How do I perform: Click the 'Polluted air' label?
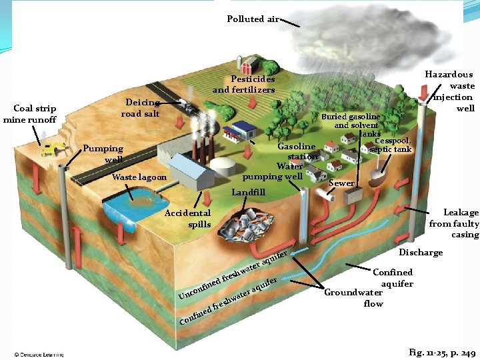pyautogui.click(x=253, y=19)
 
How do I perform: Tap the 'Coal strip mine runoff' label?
pyautogui.click(x=29, y=114)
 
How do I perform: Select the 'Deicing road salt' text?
pyautogui.click(x=141, y=108)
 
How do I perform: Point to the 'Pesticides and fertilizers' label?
pyautogui.click(x=244, y=85)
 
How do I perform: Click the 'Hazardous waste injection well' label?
pyautogui.click(x=454, y=91)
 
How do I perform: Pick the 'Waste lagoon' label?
pyautogui.click(x=139, y=177)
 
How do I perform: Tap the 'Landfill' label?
pyautogui.click(x=248, y=193)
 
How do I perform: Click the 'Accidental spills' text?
pyautogui.click(x=187, y=219)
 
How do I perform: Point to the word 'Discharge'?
pyautogui.click(x=421, y=253)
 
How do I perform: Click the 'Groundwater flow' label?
pyautogui.click(x=353, y=298)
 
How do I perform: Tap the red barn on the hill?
pyautogui.click(x=251, y=65)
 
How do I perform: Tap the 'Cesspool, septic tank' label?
pyautogui.click(x=394, y=145)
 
